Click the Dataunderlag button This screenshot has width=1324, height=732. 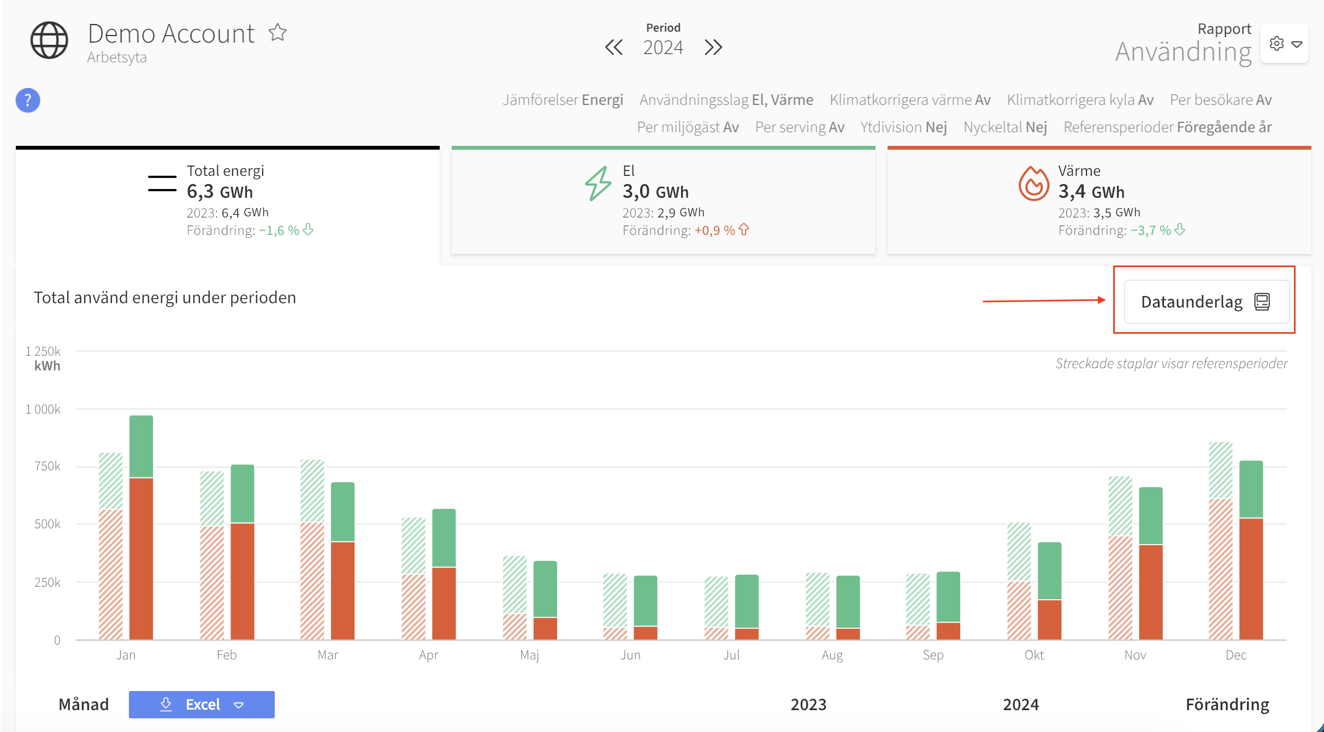(1206, 302)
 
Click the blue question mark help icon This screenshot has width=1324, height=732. (28, 101)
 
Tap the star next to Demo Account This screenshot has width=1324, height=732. (277, 33)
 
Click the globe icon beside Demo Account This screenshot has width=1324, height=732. (49, 40)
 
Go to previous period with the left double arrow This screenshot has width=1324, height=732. (614, 48)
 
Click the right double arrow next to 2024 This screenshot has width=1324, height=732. (713, 48)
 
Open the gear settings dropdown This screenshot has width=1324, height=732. (1284, 44)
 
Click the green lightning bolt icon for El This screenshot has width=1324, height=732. (598, 184)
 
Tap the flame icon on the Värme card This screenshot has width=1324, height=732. (1033, 184)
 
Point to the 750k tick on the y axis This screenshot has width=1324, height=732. (48, 466)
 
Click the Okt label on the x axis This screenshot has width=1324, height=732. (1034, 655)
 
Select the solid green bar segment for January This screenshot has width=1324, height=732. (141, 446)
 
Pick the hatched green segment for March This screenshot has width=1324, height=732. (312, 491)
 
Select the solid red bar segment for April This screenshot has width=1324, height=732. (444, 603)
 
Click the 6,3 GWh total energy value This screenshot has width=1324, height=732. (220, 192)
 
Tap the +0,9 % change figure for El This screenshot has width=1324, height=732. (714, 231)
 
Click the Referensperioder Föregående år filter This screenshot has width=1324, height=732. (1167, 127)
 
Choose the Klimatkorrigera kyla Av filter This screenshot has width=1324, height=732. (1080, 100)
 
